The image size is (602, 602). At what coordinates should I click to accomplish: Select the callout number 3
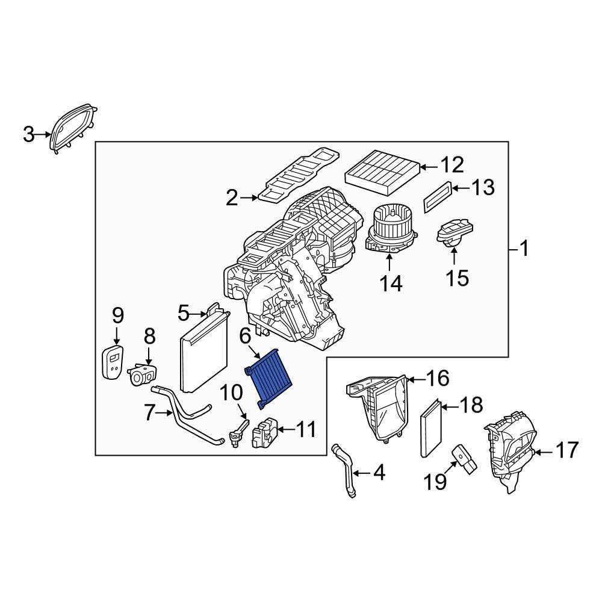(x=29, y=135)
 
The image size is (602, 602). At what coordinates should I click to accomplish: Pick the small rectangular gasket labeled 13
(x=437, y=196)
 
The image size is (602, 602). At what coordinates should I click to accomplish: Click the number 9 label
(x=117, y=314)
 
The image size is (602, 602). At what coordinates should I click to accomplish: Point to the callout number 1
(x=524, y=248)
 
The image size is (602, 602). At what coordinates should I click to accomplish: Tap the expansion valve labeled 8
(x=143, y=374)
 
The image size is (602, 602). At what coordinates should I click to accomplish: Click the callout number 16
(x=438, y=379)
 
